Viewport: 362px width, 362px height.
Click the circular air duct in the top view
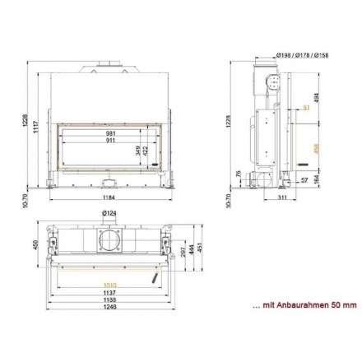click(x=109, y=241)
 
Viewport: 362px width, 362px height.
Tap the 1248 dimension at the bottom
click(x=109, y=308)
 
